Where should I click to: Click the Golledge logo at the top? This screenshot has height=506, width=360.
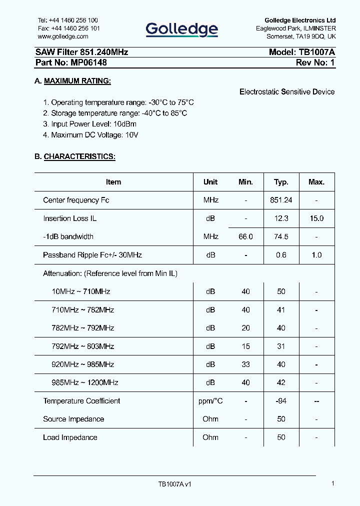[x=182, y=29]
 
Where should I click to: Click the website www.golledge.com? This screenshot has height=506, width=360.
[x=63, y=36]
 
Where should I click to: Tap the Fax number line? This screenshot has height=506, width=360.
[x=68, y=28]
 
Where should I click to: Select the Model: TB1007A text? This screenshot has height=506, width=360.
[x=301, y=52]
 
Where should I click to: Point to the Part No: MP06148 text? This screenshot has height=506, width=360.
[x=71, y=63]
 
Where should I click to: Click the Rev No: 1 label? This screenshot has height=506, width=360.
[x=315, y=63]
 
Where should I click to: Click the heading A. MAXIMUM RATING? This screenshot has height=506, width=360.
[x=72, y=81]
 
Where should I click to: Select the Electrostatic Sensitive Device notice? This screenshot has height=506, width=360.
[x=287, y=92]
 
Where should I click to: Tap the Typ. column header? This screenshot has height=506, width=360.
[x=281, y=182]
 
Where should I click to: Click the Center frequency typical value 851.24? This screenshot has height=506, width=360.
[x=281, y=200]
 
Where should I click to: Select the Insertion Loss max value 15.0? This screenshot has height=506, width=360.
[x=316, y=218]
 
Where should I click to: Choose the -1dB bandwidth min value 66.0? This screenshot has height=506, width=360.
[x=245, y=236]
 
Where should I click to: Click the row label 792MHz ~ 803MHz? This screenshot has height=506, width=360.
[x=83, y=346]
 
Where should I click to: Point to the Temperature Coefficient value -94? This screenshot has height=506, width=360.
[x=281, y=401]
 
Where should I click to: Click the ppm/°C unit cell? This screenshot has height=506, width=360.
[x=210, y=401]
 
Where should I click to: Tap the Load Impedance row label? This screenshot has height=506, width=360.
[x=70, y=437]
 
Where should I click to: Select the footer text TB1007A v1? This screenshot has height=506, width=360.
[x=175, y=484]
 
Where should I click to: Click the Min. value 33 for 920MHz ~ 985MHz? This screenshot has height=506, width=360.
[x=245, y=364]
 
